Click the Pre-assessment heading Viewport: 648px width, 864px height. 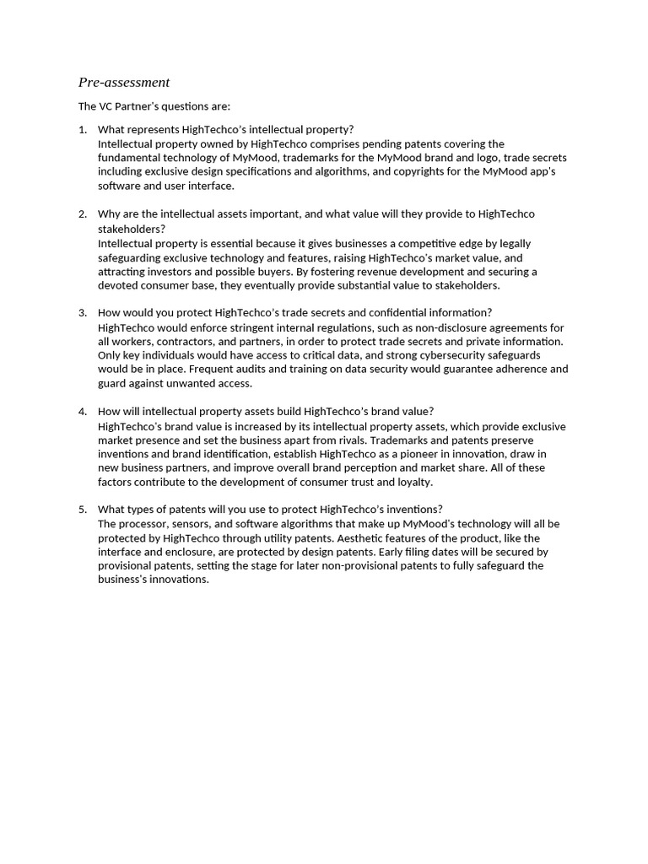click(x=124, y=83)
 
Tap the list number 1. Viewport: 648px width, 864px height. click(x=82, y=129)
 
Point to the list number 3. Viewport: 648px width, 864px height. click(x=82, y=313)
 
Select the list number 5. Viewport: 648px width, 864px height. click(x=82, y=509)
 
